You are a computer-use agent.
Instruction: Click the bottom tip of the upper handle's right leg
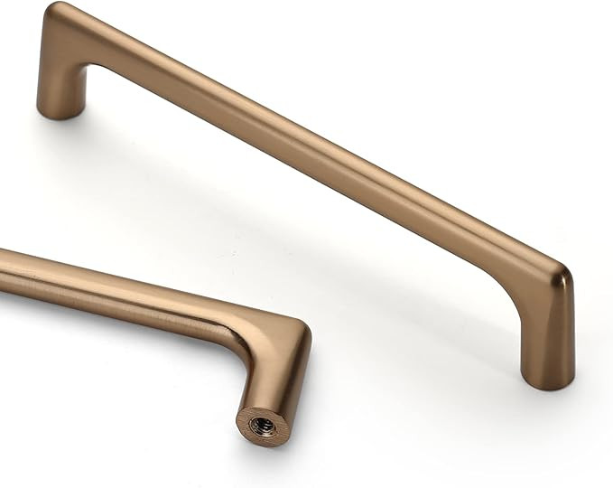[x=547, y=385]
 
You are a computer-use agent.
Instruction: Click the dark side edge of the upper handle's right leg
[x=569, y=334]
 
